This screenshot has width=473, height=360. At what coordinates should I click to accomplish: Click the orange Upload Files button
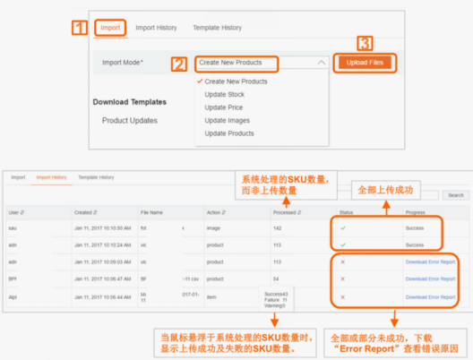[x=365, y=63]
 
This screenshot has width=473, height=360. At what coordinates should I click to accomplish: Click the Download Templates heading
[x=130, y=101]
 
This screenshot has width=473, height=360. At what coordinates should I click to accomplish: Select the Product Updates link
[x=130, y=120]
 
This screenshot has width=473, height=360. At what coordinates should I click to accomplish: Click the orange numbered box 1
[x=80, y=27]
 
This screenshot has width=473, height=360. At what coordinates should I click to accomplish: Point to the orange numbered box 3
[x=365, y=43]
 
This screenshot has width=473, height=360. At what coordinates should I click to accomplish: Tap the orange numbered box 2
[x=179, y=64]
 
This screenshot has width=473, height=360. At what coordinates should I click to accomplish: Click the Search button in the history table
[x=455, y=194]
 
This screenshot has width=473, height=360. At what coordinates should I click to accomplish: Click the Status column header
[x=345, y=212]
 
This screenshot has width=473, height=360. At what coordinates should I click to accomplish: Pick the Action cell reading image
[x=214, y=227]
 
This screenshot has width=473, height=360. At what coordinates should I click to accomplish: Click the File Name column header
[x=151, y=212]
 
